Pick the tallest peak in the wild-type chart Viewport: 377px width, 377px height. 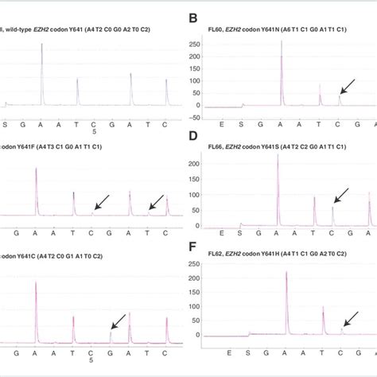pyautogui.click(x=41, y=45)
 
